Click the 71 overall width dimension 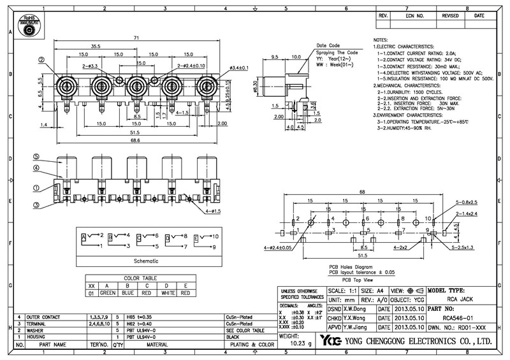[x=136, y=39]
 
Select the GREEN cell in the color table [x=107, y=294]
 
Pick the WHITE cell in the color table [x=166, y=294]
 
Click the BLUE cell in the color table [x=127, y=294]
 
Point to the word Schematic [x=146, y=261]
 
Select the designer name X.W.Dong [x=355, y=308]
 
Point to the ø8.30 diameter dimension [x=256, y=88]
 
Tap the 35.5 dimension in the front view [x=96, y=47]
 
